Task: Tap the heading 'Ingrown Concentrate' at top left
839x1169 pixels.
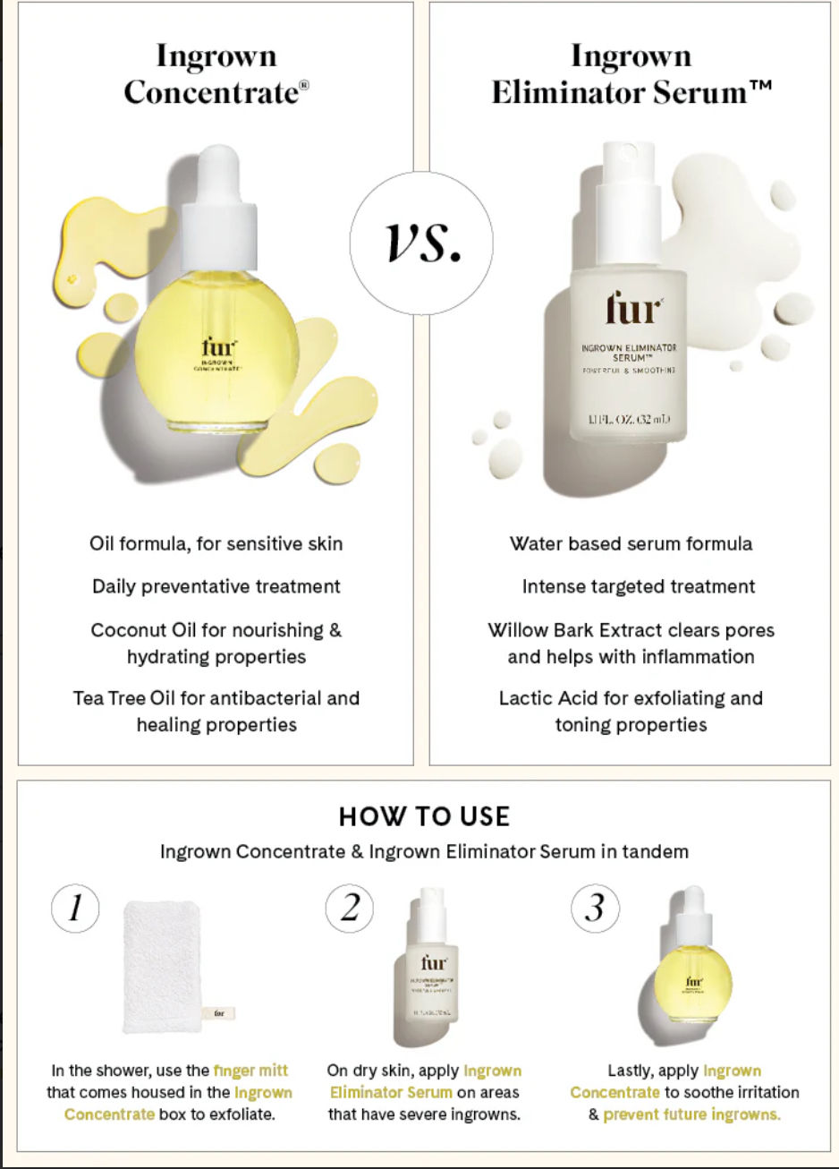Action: tap(216, 74)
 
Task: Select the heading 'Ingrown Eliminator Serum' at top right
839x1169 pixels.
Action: tap(631, 74)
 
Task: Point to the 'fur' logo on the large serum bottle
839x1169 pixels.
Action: tap(633, 309)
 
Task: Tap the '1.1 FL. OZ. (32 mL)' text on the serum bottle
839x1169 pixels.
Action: tap(629, 419)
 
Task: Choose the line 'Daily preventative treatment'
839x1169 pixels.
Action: tap(216, 587)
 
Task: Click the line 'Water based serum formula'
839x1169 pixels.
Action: tap(631, 544)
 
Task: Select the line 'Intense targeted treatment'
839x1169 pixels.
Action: tap(639, 587)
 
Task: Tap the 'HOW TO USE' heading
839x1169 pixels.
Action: tap(424, 816)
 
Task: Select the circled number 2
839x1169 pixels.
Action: tap(350, 909)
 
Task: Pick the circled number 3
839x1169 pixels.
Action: tap(595, 909)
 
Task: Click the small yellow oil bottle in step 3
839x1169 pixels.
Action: tap(693, 971)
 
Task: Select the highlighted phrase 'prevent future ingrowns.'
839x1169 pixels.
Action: tap(691, 1114)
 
